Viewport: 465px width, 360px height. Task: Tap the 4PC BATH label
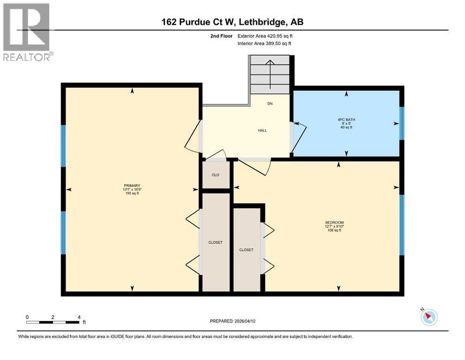pyautogui.click(x=347, y=120)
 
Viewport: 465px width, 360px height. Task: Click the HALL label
pyautogui.click(x=262, y=130)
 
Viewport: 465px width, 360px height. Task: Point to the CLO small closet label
pyautogui.click(x=215, y=175)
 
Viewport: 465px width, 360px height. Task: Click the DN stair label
pyautogui.click(x=270, y=104)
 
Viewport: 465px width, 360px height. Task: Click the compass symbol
pyautogui.click(x=428, y=317)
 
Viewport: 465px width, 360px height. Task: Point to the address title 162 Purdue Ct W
pyautogui.click(x=232, y=22)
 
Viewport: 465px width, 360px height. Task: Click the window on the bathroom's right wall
pyautogui.click(x=401, y=123)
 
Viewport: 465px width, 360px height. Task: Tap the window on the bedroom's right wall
pyautogui.click(x=401, y=225)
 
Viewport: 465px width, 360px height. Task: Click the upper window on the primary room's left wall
pyautogui.click(x=63, y=146)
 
